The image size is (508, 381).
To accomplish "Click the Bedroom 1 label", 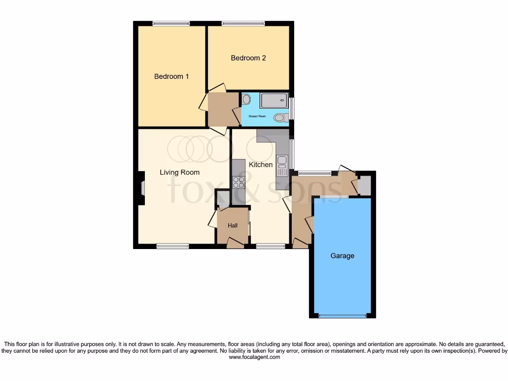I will point(171,76).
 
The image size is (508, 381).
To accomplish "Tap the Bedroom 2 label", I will point(248,58).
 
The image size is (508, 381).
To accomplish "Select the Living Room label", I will point(180,173).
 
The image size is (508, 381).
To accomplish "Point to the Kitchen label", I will point(260,165).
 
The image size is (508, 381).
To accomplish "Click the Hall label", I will point(233,226).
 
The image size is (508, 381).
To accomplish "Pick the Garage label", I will point(342,256).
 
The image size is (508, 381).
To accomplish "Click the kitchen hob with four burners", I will point(239,182).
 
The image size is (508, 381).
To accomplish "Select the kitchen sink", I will point(282,166).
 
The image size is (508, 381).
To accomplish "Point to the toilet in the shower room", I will point(281,118).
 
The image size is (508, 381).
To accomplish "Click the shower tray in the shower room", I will point(273,101).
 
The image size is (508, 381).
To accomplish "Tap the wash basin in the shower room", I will point(247,100).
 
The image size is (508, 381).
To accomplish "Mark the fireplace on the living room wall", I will point(142,189).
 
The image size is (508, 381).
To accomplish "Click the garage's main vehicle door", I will point(342,316).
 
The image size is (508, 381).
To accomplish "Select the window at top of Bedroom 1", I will point(171,23).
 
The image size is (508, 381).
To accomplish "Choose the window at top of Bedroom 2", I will point(243,23).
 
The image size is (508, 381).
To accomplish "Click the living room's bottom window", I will point(173,246).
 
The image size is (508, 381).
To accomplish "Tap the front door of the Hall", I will point(235,242).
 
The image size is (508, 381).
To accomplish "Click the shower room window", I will point(292,108).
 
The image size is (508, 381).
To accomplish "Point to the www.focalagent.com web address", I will point(254,357).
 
